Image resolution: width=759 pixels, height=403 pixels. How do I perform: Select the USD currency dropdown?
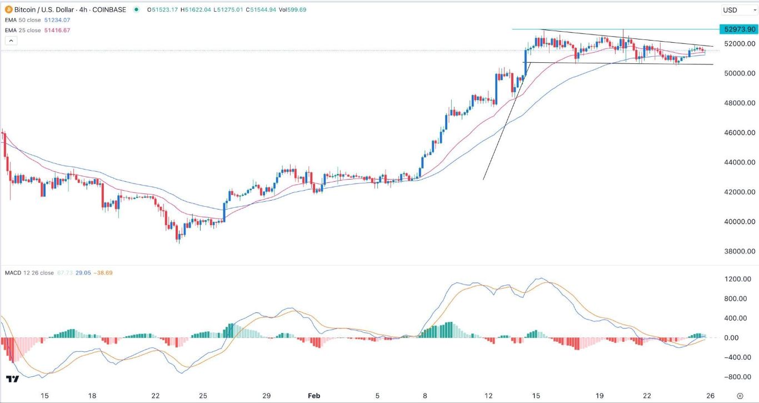click(733, 10)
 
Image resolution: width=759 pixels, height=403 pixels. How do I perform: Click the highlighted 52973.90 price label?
click(737, 29)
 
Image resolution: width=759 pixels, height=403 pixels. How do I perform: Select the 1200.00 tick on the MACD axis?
click(739, 279)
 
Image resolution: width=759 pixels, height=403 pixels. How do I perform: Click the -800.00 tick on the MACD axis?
click(739, 377)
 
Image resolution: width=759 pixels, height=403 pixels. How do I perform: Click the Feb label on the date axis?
click(314, 395)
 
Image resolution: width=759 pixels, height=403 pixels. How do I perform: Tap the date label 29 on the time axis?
click(267, 395)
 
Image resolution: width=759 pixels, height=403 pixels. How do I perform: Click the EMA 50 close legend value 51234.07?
click(61, 21)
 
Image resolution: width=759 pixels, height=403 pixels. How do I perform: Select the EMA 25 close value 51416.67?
click(61, 30)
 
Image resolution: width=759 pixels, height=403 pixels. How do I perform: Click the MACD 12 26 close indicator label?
click(29, 272)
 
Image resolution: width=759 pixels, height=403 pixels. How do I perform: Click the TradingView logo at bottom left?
click(12, 379)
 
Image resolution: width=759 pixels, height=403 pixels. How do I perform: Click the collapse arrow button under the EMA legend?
click(11, 41)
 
